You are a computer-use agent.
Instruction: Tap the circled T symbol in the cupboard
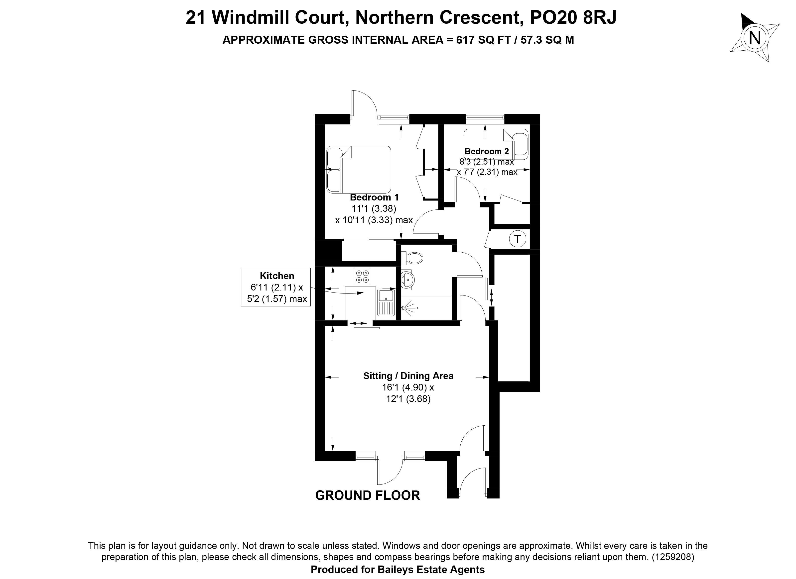[517, 239]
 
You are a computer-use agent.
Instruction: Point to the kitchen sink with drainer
[386, 302]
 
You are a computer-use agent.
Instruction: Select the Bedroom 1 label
[374, 197]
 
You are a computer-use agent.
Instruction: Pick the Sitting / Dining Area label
[408, 376]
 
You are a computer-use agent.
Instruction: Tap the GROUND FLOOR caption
[368, 495]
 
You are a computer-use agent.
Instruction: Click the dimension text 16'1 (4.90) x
[408, 387]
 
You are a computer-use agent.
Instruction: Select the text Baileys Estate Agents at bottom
[431, 570]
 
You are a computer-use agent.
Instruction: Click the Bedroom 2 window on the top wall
[485, 119]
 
